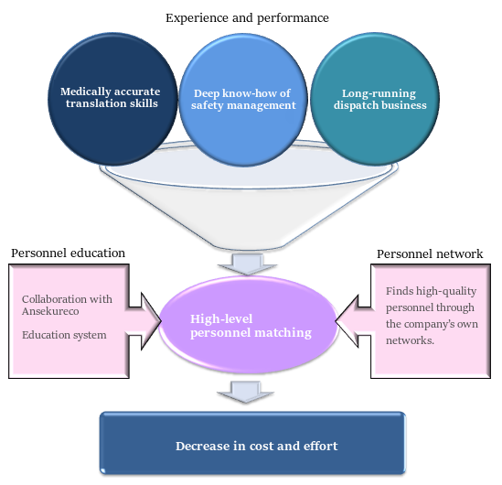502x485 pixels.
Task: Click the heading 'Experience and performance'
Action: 247,18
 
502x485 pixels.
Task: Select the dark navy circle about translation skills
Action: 112,99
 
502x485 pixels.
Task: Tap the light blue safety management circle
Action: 243,100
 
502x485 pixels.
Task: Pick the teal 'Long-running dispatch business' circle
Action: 375,99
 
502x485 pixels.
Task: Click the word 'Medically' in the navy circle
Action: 85,92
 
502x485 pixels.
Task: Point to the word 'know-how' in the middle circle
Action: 250,93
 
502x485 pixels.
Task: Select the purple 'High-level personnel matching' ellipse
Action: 248,325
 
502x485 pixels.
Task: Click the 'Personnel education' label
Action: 68,253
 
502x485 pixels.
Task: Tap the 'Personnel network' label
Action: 430,254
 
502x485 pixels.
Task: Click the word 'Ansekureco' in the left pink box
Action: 50,311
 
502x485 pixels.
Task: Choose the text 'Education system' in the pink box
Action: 64,335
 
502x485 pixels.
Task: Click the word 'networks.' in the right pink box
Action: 410,340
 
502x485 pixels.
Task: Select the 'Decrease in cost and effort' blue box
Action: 252,442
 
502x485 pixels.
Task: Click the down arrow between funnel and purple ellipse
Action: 247,264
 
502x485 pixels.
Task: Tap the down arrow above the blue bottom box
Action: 246,391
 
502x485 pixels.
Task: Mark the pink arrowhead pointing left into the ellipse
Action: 347,321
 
